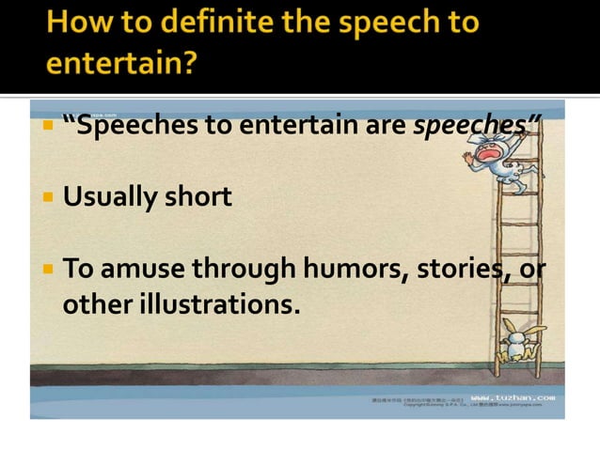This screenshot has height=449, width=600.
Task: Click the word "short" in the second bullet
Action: point(195,197)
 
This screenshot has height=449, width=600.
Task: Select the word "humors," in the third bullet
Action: point(348,271)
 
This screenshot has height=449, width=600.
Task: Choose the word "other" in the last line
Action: point(91,305)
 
